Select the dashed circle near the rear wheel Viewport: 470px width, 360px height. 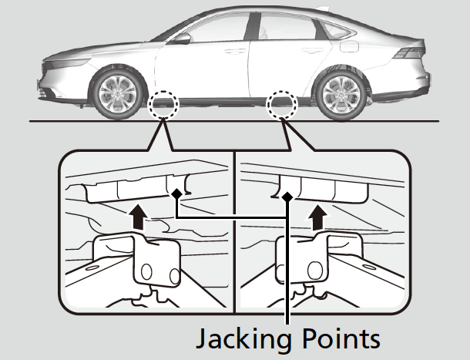(280, 104)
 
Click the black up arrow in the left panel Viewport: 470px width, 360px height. (139, 217)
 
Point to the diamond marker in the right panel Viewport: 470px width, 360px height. (287, 197)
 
